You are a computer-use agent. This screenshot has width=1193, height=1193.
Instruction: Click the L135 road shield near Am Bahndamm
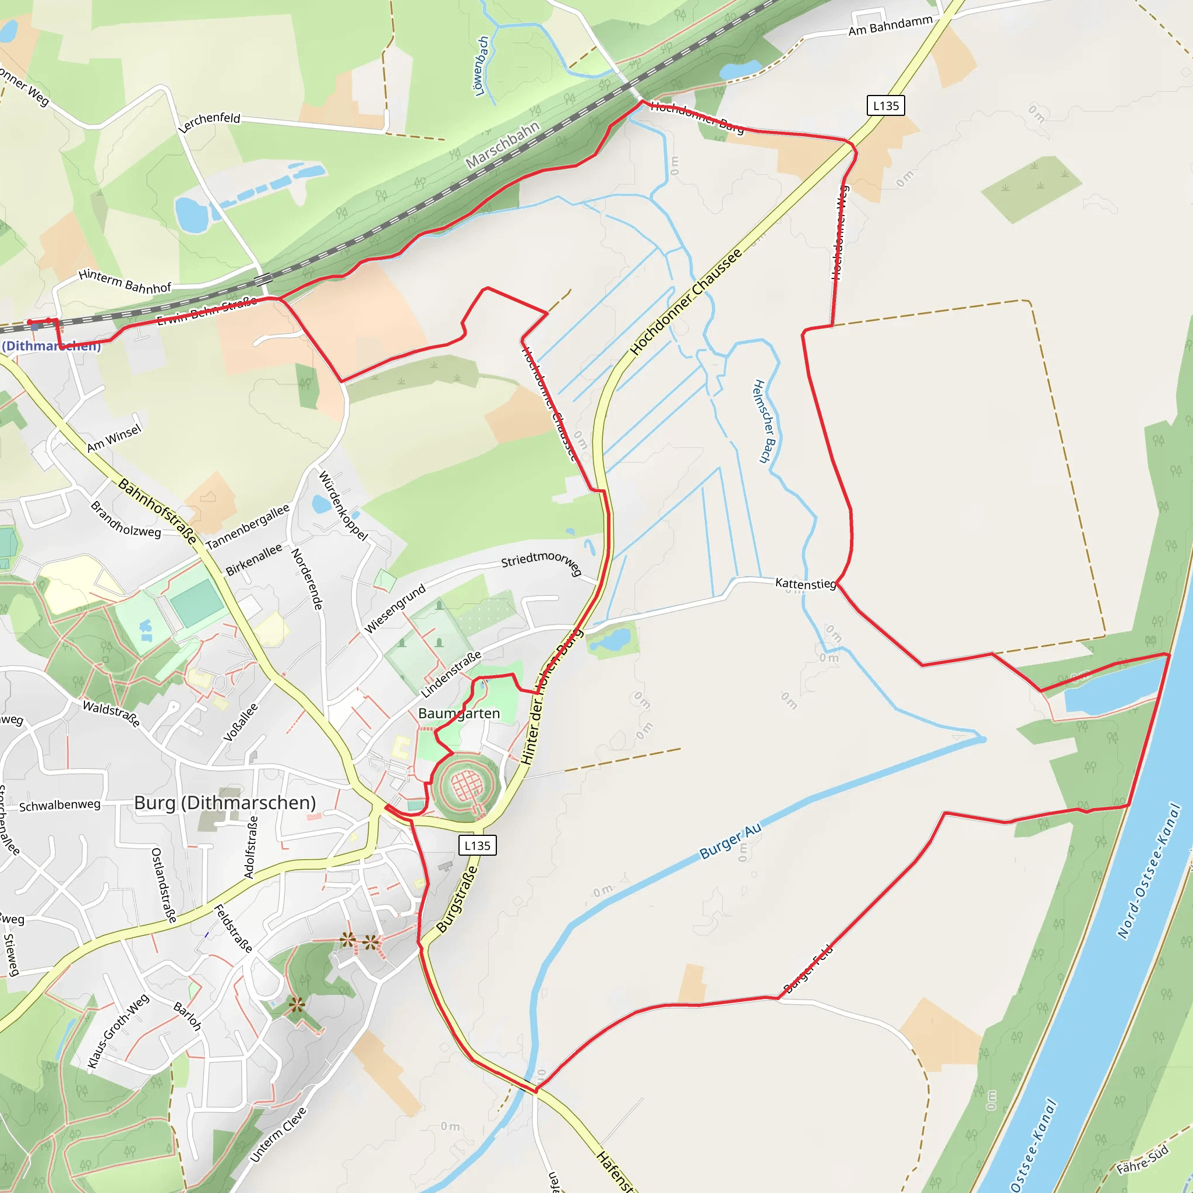pos(885,105)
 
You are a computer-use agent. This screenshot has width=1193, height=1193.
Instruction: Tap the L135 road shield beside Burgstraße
pos(477,845)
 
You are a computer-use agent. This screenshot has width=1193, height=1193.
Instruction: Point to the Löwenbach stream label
pos(482,65)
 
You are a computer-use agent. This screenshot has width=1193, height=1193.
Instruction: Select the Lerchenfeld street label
pos(209,122)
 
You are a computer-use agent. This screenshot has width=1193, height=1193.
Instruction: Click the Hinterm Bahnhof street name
pos(125,282)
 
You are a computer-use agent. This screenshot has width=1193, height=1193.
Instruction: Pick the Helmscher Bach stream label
pos(763,421)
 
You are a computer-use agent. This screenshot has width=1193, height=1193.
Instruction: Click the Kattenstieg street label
pos(805,583)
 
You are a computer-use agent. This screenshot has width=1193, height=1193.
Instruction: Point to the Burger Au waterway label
pos(730,841)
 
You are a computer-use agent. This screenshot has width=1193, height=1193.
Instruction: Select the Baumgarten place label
pos(459,713)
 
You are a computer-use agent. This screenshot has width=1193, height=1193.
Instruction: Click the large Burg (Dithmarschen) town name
pos(225,803)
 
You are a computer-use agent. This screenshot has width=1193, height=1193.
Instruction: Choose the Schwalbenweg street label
pos(59,805)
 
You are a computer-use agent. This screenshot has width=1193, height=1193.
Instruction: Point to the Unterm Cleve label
pos(278,1134)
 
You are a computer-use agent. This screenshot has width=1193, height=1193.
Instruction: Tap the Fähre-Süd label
pos(1142,1160)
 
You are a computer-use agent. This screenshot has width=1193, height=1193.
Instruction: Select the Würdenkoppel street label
pos(343,506)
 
